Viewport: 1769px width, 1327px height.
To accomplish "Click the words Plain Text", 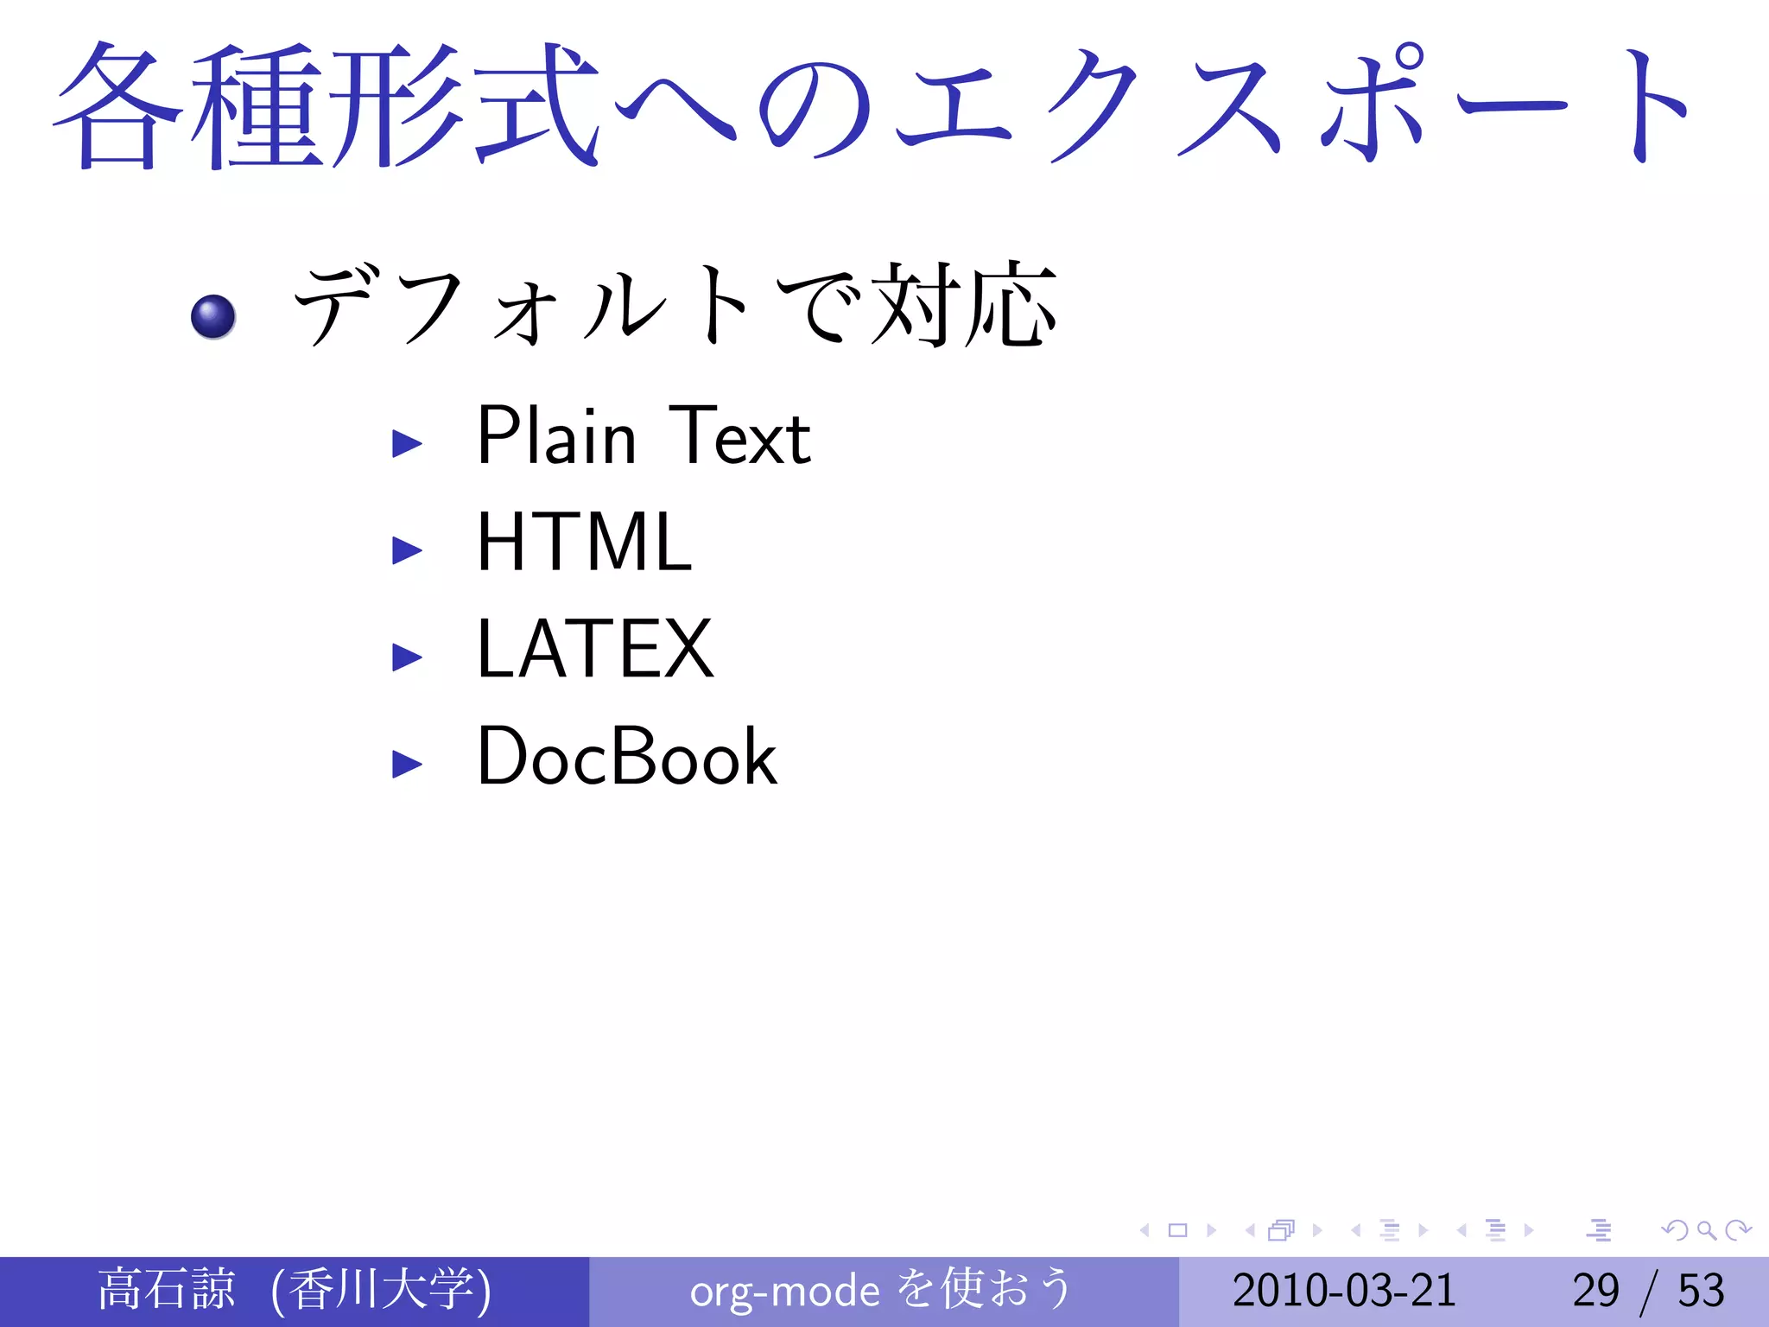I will click(644, 436).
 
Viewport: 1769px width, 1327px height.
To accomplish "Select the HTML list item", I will click(585, 543).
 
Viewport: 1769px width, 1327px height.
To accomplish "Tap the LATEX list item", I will click(595, 650).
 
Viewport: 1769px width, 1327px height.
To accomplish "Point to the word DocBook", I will click(627, 757).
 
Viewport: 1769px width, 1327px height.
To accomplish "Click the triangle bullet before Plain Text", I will click(407, 443).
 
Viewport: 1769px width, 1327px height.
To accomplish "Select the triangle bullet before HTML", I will click(407, 550).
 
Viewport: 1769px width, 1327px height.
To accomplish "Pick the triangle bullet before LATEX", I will click(407, 657).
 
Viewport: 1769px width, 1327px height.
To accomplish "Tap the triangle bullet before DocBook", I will click(407, 764).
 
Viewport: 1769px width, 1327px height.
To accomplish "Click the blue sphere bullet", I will click(213, 316).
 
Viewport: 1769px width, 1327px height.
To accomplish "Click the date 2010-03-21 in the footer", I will click(1344, 1291).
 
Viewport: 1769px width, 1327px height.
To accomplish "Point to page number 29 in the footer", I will click(1595, 1291).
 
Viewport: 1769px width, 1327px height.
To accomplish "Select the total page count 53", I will click(1701, 1291).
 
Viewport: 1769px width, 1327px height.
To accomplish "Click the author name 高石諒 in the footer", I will click(166, 1290).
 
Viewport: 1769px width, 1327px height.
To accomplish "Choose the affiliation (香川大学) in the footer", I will click(381, 1290).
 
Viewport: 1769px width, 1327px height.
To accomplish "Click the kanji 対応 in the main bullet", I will click(964, 305).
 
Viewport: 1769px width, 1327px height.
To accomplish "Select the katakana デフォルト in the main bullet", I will click(523, 305).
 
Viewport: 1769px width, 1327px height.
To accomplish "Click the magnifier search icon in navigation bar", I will click(1706, 1230).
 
